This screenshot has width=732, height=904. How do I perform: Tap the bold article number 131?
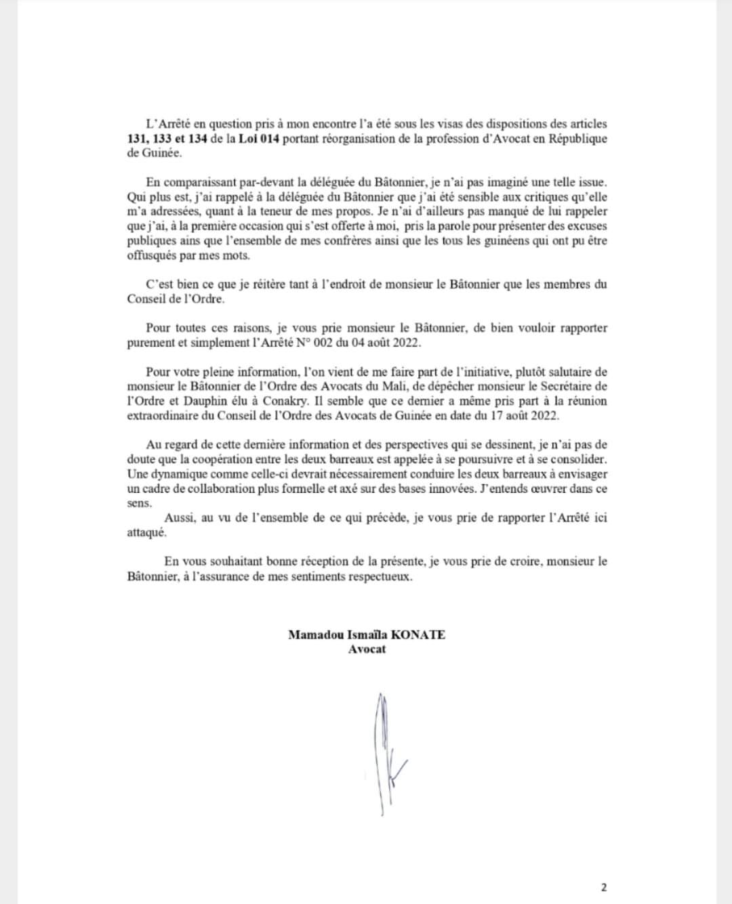click(138, 139)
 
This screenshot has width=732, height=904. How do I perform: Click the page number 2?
click(604, 888)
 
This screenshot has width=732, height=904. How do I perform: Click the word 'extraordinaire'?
click(161, 416)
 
